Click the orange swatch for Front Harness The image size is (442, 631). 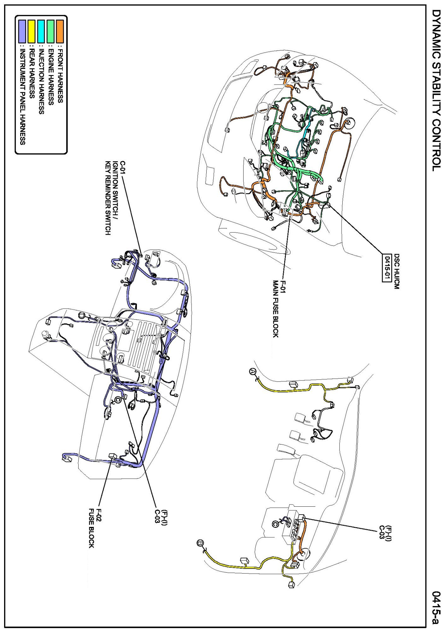point(60,31)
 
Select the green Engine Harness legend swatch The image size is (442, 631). point(50,31)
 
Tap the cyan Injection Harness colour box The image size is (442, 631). point(41,31)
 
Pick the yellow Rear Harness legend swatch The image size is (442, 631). point(32,31)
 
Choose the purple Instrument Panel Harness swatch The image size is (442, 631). point(22,31)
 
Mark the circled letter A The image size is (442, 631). point(252,371)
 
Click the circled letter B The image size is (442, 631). point(200,543)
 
